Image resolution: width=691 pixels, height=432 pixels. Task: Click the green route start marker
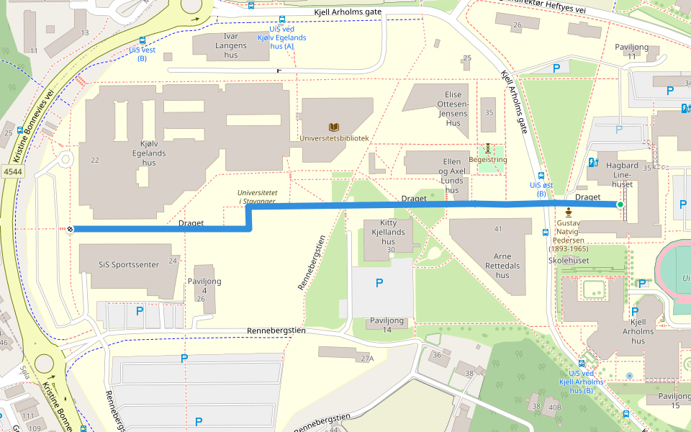tap(620, 205)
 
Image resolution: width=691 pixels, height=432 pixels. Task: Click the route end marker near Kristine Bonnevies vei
tap(70, 229)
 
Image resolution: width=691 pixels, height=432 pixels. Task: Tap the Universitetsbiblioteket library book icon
tap(334, 127)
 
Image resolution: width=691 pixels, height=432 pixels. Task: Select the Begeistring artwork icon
tap(488, 148)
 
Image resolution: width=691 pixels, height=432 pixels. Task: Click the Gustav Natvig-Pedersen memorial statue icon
tap(569, 212)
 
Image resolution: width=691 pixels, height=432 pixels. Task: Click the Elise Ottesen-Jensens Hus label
tap(453, 109)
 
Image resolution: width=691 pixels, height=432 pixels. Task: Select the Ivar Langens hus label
tap(230, 45)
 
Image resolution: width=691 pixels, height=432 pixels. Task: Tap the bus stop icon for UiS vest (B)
tap(142, 41)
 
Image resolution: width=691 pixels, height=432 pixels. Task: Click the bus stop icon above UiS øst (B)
tap(541, 176)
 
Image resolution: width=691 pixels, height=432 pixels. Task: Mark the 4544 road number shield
tap(12, 171)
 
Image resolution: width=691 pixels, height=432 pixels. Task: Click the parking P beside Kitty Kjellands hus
tap(379, 283)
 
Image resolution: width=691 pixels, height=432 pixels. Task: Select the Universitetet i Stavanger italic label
tap(257, 197)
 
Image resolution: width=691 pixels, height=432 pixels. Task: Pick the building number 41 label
tap(498, 229)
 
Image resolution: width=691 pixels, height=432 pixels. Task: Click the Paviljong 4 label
tap(204, 286)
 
